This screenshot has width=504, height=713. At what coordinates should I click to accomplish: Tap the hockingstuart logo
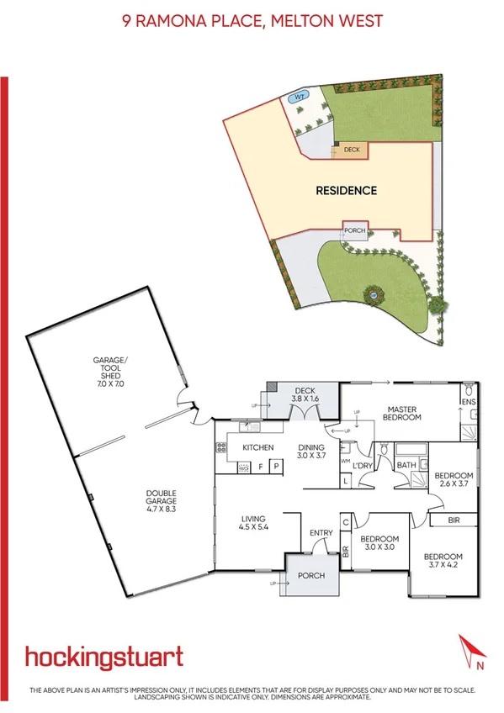103,657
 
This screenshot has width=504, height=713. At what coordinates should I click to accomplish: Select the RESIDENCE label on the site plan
346,191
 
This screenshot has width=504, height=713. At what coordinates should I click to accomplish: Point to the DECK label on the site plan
352,150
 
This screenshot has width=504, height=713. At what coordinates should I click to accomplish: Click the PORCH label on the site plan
354,230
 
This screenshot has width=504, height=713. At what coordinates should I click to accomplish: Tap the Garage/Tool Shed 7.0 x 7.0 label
109,371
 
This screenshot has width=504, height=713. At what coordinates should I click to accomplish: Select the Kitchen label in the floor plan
258,447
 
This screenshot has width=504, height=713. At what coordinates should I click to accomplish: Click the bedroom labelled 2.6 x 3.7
454,480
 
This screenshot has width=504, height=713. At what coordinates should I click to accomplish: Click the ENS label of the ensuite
469,402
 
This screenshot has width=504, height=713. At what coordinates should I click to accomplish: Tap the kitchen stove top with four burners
221,448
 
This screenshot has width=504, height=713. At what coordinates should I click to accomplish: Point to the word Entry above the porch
321,532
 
